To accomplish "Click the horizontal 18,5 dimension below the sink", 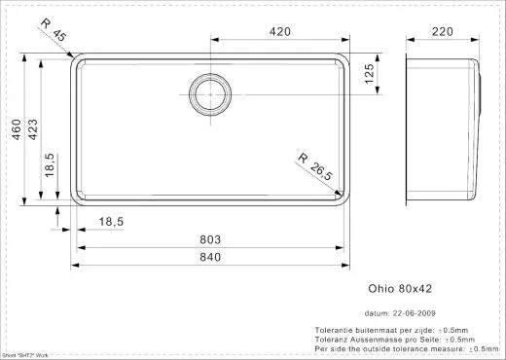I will [110, 223].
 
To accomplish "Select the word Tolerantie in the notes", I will [336, 331].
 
